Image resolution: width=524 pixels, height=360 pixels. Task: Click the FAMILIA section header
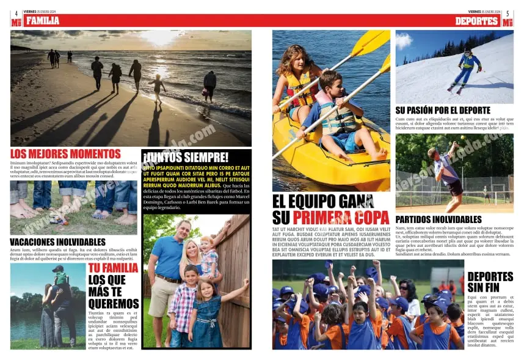pos(43,21)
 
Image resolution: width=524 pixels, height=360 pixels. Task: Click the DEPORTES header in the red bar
pos(477,21)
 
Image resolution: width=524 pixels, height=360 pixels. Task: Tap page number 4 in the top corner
pos(16,13)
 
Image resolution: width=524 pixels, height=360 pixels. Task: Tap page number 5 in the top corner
pos(507,13)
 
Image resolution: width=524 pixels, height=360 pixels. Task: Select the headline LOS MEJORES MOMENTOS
pos(65,154)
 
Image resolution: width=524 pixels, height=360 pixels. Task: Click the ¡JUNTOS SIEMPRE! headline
pos(186,158)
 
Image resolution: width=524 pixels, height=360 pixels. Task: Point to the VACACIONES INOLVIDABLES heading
pos(57,242)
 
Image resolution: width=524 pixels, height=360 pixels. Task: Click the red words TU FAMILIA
pos(113,268)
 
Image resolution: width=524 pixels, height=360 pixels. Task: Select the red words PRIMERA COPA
pos(341,218)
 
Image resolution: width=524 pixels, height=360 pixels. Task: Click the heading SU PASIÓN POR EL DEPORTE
pos(443,111)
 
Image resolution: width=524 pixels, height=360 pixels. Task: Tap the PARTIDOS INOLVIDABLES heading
pos(438,219)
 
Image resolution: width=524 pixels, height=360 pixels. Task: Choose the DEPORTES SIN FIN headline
pos(490,282)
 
